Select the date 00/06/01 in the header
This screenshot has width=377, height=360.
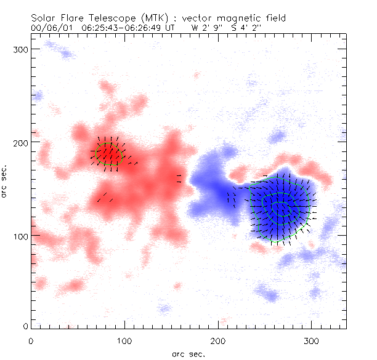pos(51,28)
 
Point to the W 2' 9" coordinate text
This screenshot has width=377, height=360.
pos(204,28)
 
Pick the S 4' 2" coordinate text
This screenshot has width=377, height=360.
pos(246,28)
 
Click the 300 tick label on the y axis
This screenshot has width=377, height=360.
pos(22,48)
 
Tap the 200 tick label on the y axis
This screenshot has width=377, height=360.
pos(22,142)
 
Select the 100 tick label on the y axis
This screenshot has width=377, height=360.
pos(22,236)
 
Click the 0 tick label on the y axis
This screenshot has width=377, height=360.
pos(26,326)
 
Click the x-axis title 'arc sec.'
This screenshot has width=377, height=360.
pos(188,353)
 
